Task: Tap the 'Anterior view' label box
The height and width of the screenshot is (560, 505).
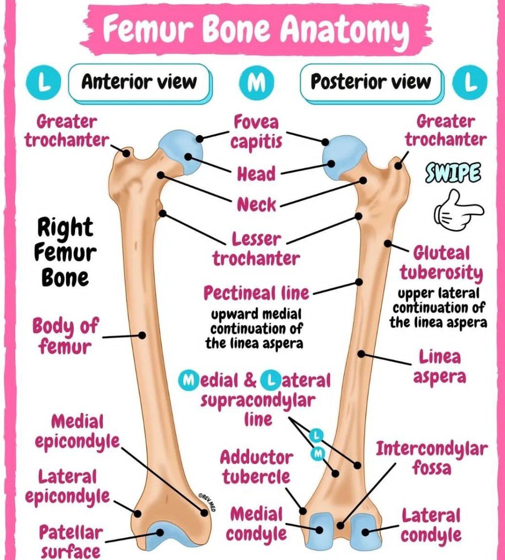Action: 139,82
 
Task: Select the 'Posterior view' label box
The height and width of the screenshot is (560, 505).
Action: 371,82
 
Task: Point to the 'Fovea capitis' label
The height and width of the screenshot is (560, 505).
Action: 256,132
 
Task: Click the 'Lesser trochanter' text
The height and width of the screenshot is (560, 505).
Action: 256,249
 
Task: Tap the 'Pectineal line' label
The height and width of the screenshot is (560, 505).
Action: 256,293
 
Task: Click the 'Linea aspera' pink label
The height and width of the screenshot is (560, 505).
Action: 440,367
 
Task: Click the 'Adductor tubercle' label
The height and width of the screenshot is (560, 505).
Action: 256,467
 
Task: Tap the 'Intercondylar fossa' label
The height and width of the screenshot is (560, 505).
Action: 431,458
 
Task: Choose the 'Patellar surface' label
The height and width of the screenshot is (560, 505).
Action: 70,541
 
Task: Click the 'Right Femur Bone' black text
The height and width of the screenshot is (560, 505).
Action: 65,252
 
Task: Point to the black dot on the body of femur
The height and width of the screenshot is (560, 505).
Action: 142,335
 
